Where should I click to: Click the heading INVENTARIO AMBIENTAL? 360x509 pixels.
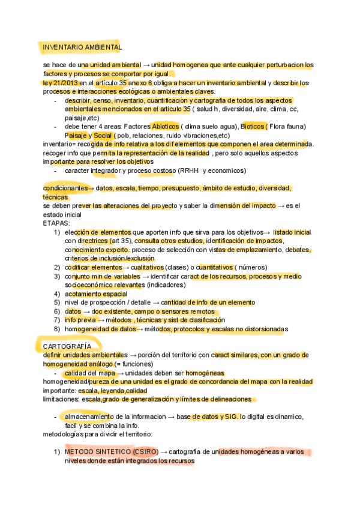82,47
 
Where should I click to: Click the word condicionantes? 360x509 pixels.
65,188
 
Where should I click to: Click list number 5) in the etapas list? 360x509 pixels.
57,303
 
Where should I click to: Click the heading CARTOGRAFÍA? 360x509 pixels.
67,346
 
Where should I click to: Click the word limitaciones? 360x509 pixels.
61,399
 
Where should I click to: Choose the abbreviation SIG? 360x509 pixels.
228,417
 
